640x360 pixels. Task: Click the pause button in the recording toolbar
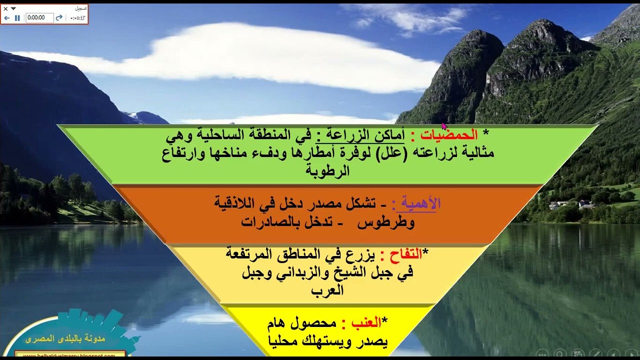click(x=17, y=17)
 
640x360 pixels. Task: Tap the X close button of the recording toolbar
click(x=5, y=8)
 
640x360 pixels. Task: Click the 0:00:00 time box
click(x=39, y=17)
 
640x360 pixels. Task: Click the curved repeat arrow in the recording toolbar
click(x=59, y=17)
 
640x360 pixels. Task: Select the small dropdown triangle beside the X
click(x=13, y=8)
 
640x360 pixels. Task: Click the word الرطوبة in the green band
click(x=327, y=171)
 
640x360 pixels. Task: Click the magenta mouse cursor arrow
click(x=444, y=126)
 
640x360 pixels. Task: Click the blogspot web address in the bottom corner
click(x=70, y=355)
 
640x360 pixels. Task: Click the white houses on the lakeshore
click(x=570, y=204)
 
